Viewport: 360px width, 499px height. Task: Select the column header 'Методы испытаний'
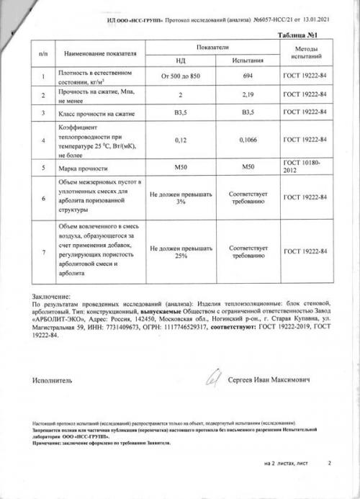(x=305, y=50)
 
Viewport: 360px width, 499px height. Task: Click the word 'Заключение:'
(x=52, y=297)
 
